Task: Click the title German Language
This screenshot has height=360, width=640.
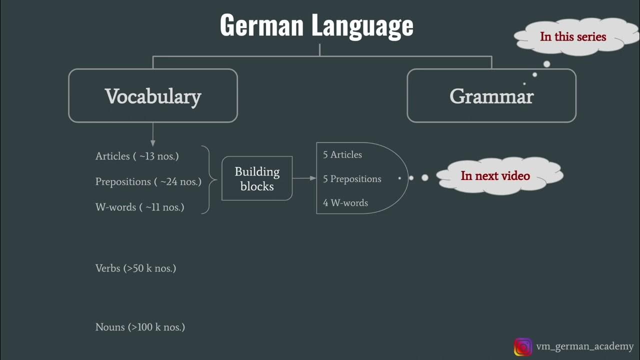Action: click(316, 25)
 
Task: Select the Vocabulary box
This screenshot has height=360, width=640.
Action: click(153, 96)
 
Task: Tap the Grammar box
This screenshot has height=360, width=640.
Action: click(491, 96)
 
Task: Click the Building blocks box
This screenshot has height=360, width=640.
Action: click(257, 178)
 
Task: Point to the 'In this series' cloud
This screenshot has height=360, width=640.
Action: click(572, 36)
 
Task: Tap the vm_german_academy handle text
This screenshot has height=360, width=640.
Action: click(584, 346)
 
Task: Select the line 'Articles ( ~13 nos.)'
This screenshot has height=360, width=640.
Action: click(137, 156)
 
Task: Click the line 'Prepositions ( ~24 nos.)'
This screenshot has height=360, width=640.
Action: click(148, 181)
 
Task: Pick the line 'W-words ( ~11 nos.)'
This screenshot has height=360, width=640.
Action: click(139, 207)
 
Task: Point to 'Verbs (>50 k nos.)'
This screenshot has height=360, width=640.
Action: click(135, 268)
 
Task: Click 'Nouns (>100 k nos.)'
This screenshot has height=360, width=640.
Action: click(140, 327)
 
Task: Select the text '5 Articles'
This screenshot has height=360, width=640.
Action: click(342, 155)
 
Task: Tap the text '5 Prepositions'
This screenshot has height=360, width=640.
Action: click(352, 179)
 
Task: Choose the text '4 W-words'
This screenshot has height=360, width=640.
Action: click(345, 203)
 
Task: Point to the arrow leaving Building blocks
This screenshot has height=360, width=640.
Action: click(304, 178)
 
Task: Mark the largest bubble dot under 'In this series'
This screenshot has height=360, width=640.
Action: click(546, 64)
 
